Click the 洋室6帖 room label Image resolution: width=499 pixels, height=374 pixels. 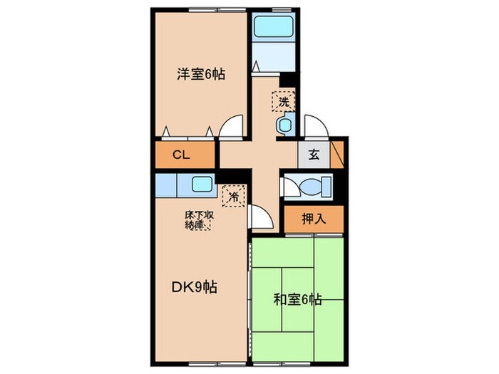[200, 73]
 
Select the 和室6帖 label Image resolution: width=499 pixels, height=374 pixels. [298, 300]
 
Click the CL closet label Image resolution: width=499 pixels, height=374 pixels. [181, 155]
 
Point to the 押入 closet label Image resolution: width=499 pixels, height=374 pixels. [313, 219]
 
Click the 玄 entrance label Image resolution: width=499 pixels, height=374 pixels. [314, 153]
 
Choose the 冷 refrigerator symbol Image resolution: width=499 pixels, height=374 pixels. [232, 194]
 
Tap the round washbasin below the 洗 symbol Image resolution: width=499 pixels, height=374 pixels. [285, 125]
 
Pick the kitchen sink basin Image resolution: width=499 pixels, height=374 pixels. [201, 183]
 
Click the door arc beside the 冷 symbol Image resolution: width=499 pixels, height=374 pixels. [259, 216]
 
